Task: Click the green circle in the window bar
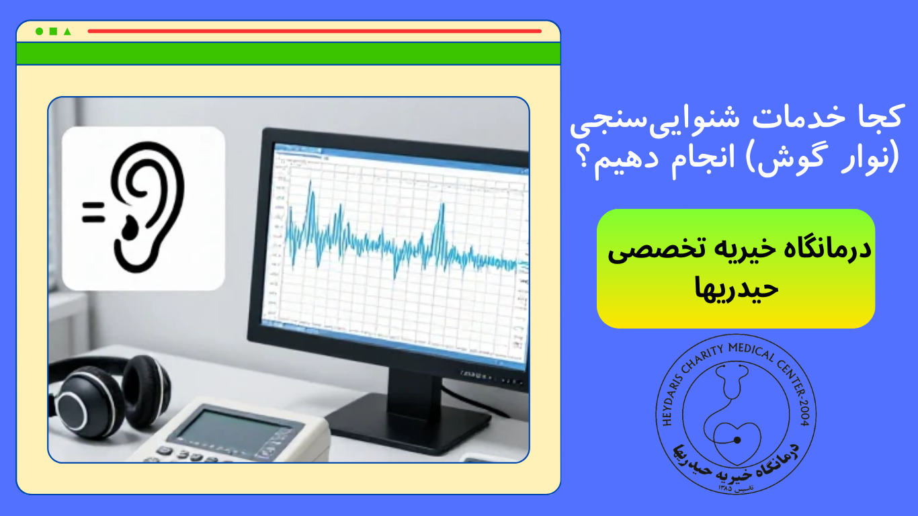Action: [x=39, y=31]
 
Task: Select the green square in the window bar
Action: [x=53, y=31]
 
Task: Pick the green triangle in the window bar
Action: [x=67, y=31]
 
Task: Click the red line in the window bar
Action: [x=314, y=31]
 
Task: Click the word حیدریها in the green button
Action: [x=735, y=287]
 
